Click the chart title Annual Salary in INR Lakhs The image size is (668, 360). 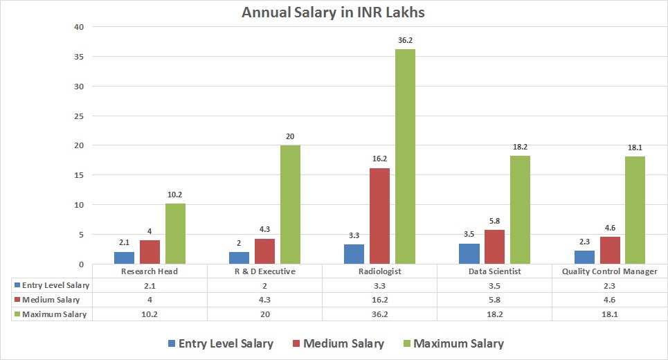[333, 12]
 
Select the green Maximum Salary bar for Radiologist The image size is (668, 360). [405, 156]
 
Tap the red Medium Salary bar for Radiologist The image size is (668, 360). [379, 216]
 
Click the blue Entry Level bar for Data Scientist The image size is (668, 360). [469, 253]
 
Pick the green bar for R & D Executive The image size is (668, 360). [290, 204]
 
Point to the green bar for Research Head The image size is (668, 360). [175, 233]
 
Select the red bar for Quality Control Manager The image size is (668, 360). [609, 250]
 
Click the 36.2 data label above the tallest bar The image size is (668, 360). [405, 41]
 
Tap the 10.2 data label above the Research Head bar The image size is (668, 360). [175, 195]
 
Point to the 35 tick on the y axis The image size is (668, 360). [79, 57]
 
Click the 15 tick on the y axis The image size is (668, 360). [79, 175]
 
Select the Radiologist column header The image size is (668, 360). [379, 271]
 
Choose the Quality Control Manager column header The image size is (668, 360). [609, 271]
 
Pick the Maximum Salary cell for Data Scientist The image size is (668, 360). [494, 314]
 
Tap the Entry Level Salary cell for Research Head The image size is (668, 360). [150, 285]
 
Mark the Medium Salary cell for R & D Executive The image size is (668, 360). [264, 300]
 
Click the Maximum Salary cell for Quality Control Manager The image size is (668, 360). [609, 314]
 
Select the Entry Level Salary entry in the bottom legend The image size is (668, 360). [219, 343]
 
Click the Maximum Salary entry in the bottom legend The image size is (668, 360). [452, 343]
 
